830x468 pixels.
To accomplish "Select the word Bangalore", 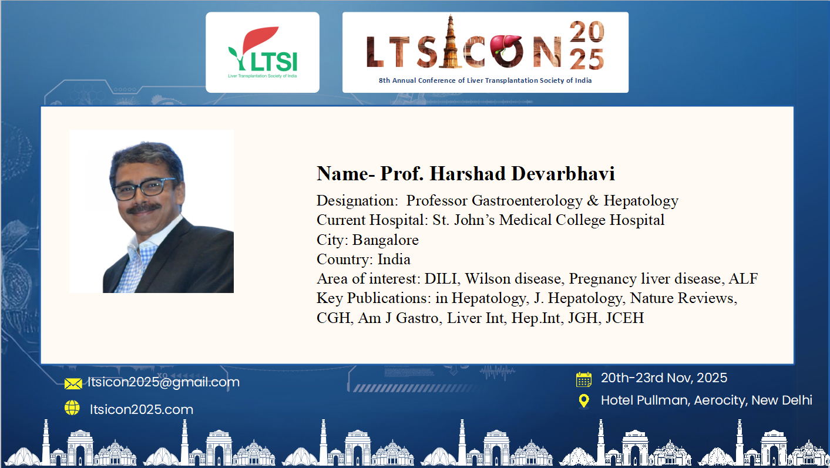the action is (385, 240).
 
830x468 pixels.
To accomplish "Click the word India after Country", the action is (394, 260).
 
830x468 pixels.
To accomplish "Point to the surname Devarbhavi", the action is (563, 173).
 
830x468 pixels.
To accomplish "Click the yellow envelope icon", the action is (73, 383).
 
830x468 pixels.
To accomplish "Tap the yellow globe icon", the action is (72, 408).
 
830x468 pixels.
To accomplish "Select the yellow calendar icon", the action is (584, 379).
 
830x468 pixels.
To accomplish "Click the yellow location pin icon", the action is (584, 401).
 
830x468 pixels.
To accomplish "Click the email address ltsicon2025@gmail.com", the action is (163, 382).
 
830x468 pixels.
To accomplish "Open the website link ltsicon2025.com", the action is (142, 409).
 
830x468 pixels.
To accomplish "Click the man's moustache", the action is (143, 208).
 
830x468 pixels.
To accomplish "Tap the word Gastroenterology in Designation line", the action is (527, 201).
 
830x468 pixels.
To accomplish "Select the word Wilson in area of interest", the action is (488, 279).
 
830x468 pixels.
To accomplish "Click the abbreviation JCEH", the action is (625, 318).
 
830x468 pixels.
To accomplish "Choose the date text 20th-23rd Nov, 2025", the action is (664, 378).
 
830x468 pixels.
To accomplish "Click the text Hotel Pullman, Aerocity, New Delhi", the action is (707, 400).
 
